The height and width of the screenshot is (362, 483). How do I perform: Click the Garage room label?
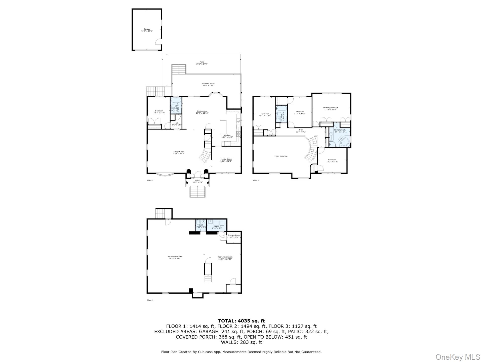click(x=147, y=30)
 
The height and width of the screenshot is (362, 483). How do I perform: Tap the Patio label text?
click(x=202, y=63)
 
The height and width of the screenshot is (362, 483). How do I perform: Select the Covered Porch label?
click(x=208, y=84)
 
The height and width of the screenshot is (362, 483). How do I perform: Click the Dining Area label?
click(x=202, y=112)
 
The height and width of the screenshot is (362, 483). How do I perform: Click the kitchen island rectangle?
click(x=223, y=127)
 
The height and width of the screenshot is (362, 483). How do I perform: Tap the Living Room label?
click(x=179, y=152)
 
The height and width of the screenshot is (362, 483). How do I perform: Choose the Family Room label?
click(x=226, y=160)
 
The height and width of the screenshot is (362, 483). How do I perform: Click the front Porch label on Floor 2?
click(x=198, y=181)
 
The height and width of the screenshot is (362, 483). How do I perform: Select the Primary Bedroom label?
click(x=331, y=109)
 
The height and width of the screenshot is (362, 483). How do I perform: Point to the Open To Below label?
click(x=281, y=156)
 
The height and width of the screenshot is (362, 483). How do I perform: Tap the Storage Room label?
click(x=234, y=236)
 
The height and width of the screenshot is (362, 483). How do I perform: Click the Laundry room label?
click(x=217, y=227)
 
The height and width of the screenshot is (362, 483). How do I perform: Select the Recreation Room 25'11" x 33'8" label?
click(x=175, y=257)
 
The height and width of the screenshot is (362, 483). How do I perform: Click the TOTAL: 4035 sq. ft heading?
click(x=241, y=321)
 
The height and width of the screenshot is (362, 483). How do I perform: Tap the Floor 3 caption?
click(x=256, y=180)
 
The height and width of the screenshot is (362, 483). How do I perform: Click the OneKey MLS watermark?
click(x=458, y=357)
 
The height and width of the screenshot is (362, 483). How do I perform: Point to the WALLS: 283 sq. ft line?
click(x=241, y=342)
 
